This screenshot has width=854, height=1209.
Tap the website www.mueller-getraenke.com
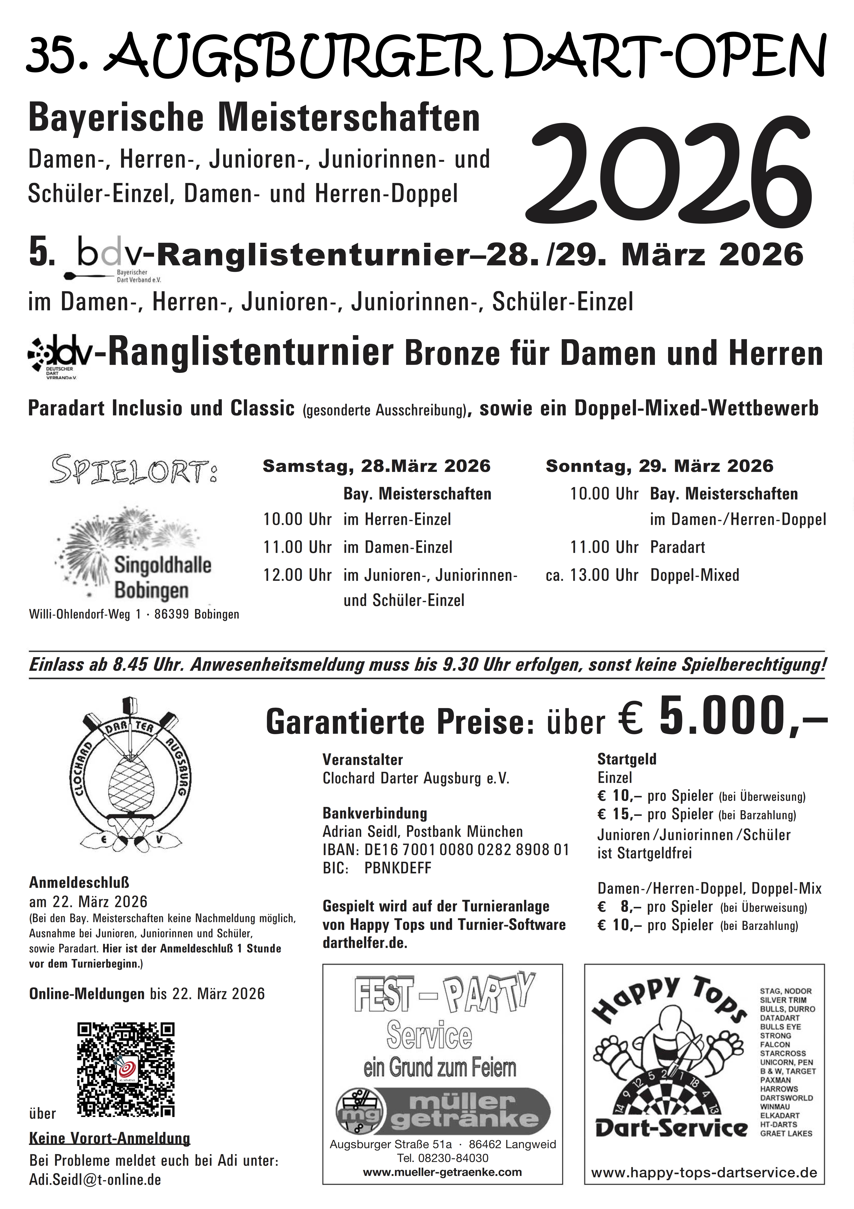point(442,1172)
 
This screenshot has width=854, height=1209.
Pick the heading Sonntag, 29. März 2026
point(659,466)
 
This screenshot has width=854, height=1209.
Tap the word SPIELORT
point(133,470)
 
